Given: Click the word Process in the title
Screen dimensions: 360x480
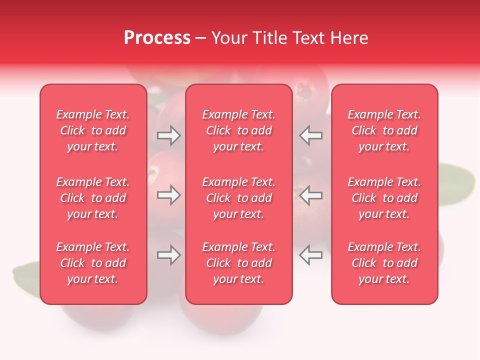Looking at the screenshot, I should point(157,38).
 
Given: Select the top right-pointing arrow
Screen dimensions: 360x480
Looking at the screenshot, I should point(169,135).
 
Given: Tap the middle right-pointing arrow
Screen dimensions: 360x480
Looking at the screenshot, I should point(169,195).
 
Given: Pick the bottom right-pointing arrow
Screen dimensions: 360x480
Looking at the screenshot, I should point(169,255).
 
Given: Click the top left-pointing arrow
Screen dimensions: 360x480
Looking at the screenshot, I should point(311,135).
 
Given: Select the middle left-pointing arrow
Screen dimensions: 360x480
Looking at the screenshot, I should point(311,195).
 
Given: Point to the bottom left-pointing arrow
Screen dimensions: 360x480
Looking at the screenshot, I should point(311,255).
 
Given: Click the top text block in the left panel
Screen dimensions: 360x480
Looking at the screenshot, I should point(93,130).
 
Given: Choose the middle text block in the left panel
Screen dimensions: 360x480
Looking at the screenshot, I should point(93,198).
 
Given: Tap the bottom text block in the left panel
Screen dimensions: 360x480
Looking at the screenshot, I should point(93,263).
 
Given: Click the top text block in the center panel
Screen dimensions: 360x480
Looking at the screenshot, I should point(238,130).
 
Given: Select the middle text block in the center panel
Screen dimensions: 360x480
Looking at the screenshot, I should point(238,198).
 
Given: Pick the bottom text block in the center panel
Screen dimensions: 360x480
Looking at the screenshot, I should point(238,263).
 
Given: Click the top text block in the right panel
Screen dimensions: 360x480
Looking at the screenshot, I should point(384,130).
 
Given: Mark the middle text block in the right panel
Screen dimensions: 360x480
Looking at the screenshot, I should point(384,198).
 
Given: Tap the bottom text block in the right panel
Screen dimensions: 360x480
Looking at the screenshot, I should point(384,263).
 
